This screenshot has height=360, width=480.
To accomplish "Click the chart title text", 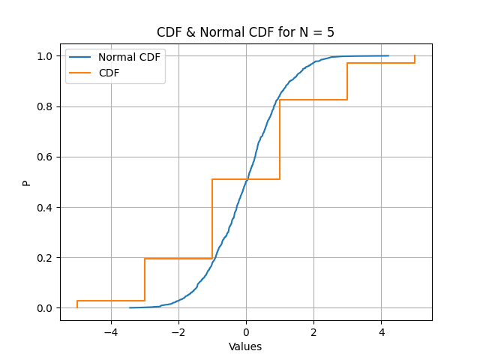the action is coord(245,32).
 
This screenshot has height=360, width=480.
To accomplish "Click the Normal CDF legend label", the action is coord(129,57).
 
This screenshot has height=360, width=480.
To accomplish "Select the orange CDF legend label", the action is coord(109,73).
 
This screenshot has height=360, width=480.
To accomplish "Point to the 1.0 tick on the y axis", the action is coord(45,56).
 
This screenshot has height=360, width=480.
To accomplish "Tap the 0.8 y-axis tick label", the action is coord(45,106).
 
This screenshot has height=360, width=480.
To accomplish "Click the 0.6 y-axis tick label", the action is coord(45,157).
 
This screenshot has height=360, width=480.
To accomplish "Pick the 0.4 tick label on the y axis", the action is coord(45,208).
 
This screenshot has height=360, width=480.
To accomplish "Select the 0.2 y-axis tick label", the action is coord(45,258).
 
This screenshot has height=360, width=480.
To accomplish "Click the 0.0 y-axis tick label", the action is coord(45,308).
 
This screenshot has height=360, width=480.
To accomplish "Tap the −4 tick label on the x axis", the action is coord(111,332).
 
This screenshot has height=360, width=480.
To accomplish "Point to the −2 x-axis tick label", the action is coord(178,332).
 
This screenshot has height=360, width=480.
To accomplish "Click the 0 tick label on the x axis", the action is coord(246,332).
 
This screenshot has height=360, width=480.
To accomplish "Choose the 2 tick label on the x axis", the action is coord(313,332).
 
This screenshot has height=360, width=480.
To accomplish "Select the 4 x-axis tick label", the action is coord(382,332).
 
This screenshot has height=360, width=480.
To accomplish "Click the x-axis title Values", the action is coord(245,346).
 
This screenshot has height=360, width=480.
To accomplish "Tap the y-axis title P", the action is coord(27,183).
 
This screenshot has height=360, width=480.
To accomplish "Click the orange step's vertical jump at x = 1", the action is coord(280,139).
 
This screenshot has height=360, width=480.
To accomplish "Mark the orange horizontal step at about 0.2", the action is coord(178,259).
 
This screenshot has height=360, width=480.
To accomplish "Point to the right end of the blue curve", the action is coord(388,55).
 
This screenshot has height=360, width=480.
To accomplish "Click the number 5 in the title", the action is coord(331,32).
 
